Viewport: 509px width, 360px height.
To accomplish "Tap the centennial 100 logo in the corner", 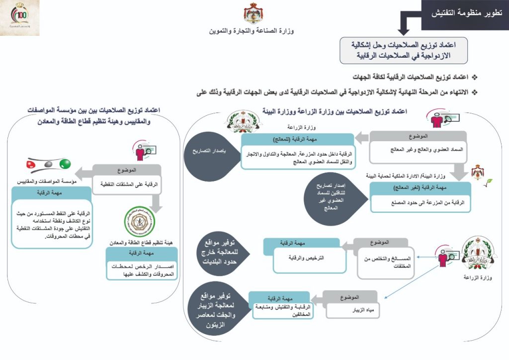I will (x=20, y=18).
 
